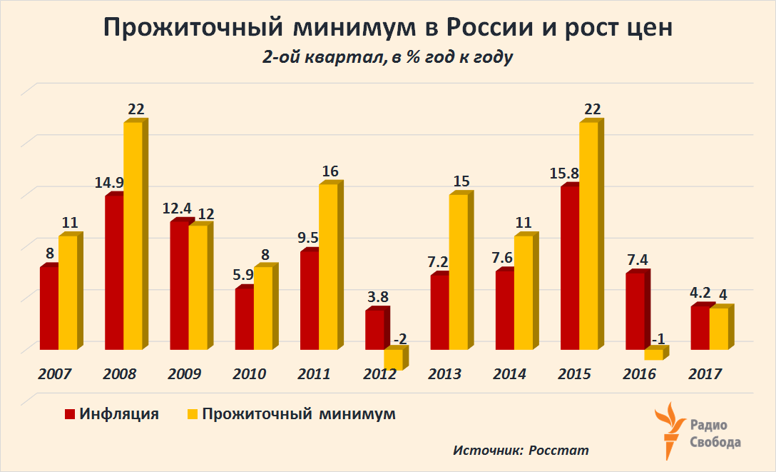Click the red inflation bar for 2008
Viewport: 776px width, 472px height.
114,271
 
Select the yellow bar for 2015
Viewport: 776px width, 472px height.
588,236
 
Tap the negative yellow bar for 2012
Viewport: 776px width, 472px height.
393,358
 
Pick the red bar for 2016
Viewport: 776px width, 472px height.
635,311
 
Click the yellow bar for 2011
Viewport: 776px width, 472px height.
328,266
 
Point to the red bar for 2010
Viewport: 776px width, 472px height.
244,318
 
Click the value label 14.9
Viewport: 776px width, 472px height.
108,183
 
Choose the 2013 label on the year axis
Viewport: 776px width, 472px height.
444,374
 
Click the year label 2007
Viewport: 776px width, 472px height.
55,374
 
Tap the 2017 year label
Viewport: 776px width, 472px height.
705,374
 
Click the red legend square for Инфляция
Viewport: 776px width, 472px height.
70,414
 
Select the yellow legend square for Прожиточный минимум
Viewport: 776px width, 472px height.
191,414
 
